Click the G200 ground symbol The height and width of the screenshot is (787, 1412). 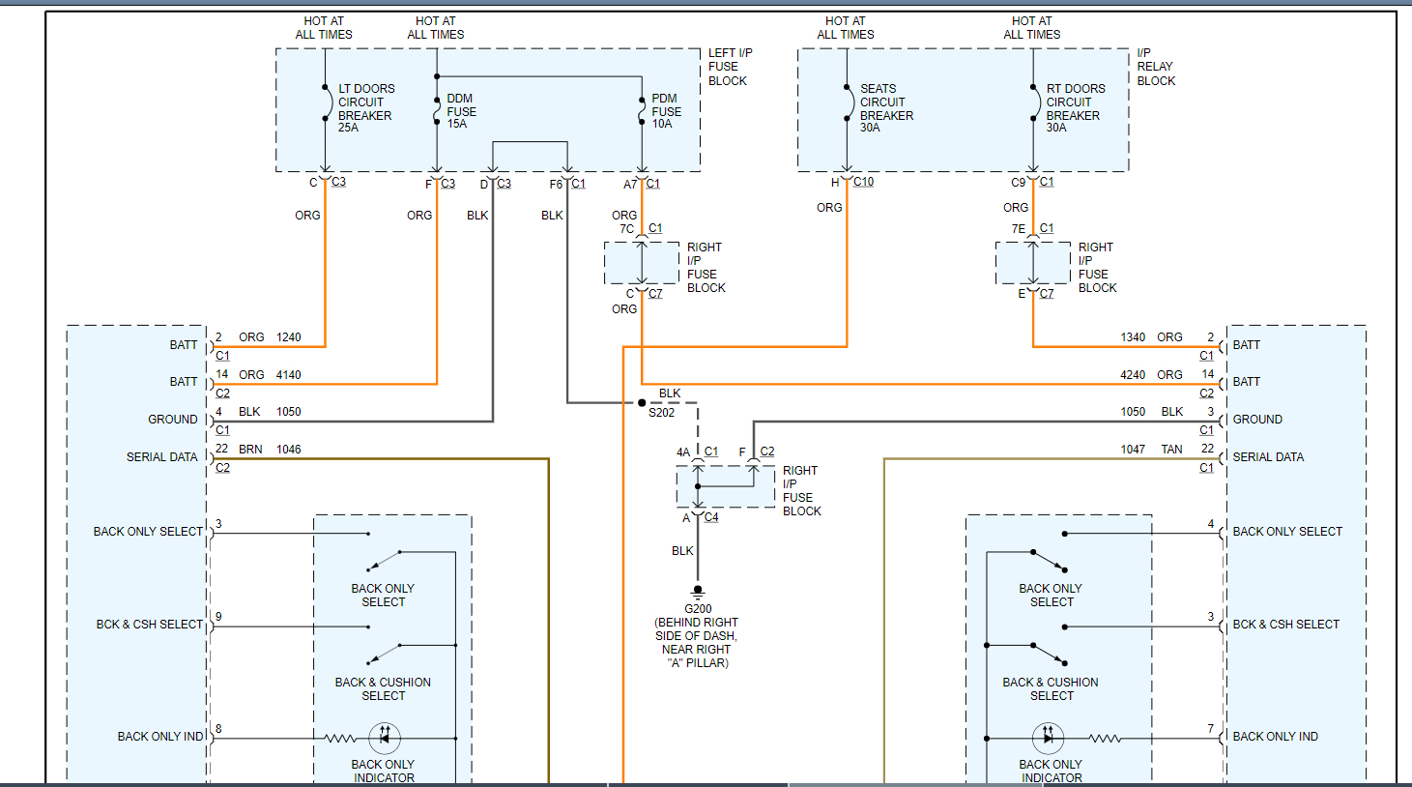[698, 591]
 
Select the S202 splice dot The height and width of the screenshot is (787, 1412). [642, 403]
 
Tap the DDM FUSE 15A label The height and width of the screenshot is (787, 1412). [461, 111]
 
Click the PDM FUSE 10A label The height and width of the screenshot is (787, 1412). [666, 111]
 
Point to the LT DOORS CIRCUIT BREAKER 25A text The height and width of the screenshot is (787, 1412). [365, 108]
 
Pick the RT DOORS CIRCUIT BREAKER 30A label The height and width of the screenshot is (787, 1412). [1075, 108]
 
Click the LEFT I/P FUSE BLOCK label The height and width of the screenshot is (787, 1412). [730, 67]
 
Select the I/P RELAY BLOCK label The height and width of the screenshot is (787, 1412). [1156, 67]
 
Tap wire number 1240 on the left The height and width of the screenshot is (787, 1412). [289, 337]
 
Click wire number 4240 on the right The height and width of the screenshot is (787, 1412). [1133, 375]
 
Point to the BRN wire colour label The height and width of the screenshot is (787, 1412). [250, 450]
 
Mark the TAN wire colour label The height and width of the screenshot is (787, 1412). [1171, 450]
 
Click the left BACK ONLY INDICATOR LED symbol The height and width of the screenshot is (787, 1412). [385, 739]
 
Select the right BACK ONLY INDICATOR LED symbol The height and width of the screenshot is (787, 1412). [1048, 739]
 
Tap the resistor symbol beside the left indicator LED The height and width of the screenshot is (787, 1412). [340, 739]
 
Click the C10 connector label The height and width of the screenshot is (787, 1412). [863, 182]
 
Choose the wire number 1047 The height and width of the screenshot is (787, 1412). [1133, 450]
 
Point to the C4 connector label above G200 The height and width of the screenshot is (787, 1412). [711, 517]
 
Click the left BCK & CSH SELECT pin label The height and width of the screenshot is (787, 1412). [150, 625]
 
